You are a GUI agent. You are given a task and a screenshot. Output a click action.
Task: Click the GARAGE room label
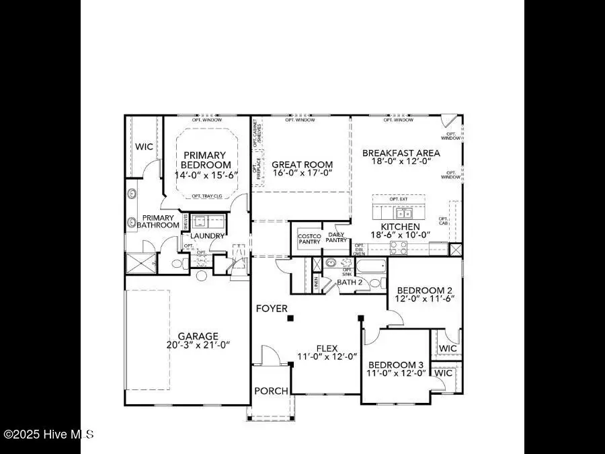198,336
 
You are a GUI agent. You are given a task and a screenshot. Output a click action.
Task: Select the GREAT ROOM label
302,164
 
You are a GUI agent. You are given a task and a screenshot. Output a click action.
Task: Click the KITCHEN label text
400,227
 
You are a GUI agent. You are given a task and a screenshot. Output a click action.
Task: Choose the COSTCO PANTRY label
309,239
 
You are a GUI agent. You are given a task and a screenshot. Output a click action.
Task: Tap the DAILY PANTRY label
336,237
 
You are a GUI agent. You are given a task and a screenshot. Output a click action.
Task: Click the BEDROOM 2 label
428,290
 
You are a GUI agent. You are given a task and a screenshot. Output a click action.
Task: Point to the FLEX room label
327,348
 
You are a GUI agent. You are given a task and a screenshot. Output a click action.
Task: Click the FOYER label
272,308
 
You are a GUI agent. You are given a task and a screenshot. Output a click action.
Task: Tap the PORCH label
272,391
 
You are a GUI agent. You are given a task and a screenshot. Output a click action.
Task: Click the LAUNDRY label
207,236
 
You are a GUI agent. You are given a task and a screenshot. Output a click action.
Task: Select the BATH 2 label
350,282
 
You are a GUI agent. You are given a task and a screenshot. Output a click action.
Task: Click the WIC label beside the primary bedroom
145,146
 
